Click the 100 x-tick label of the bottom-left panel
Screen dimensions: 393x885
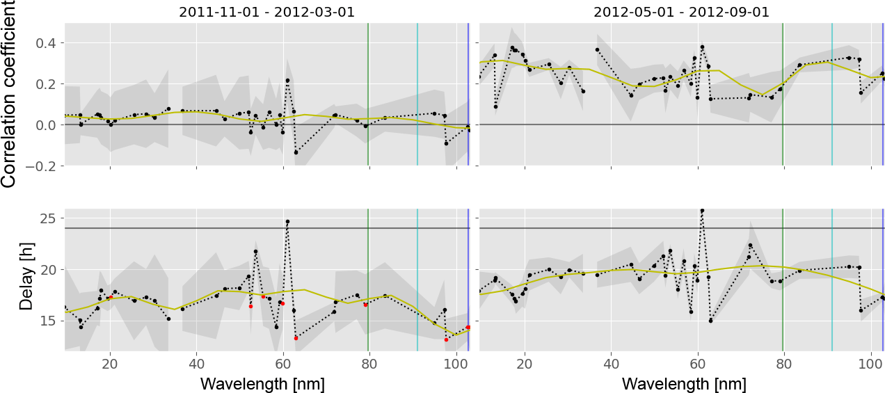point(455,364)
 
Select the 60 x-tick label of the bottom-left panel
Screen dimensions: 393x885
point(282,364)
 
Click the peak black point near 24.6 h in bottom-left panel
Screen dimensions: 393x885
point(287,222)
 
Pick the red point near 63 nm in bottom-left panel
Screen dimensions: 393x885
point(296,338)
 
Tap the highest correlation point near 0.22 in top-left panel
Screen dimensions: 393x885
point(287,81)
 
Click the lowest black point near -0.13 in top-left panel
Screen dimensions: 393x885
point(296,152)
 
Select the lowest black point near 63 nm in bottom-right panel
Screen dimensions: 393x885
point(710,321)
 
